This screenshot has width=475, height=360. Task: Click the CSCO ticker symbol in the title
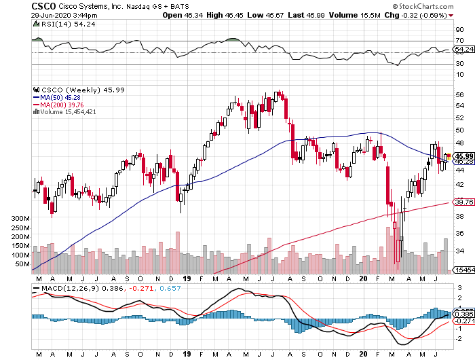pyautogui.click(x=44, y=5)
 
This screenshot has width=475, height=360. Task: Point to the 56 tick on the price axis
pyautogui.click(x=460, y=95)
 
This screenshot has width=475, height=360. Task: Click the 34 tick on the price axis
pyautogui.click(x=460, y=251)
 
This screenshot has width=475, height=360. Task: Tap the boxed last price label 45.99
pyautogui.click(x=463, y=156)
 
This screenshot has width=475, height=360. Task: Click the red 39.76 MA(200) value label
pyautogui.click(x=463, y=202)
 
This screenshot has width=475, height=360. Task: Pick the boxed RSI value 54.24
pyautogui.click(x=464, y=49)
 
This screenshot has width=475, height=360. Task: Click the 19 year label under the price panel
pyautogui.click(x=188, y=278)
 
